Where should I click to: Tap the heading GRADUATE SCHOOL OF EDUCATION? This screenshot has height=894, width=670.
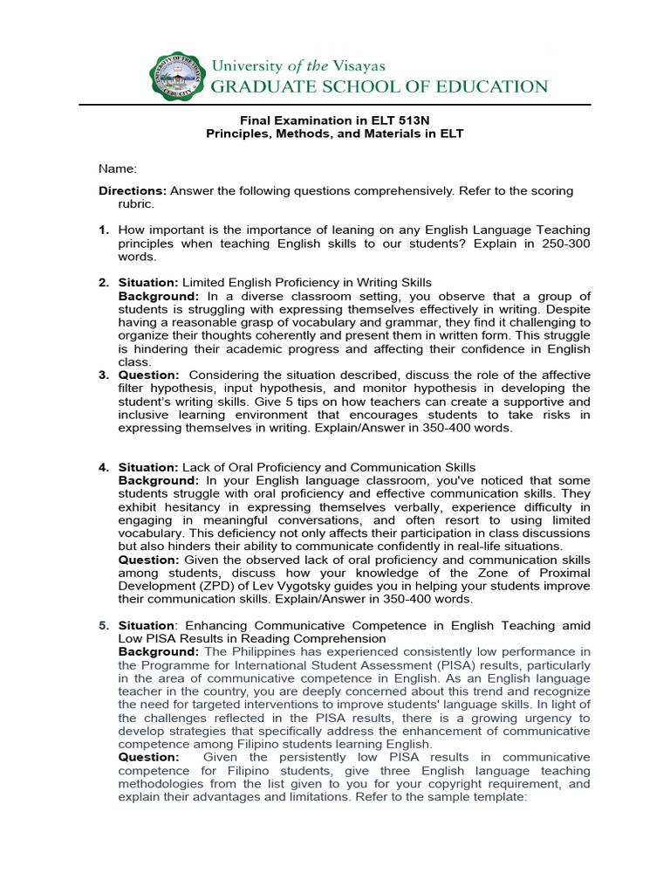tap(379, 86)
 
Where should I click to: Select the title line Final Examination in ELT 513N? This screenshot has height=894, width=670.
tap(335, 121)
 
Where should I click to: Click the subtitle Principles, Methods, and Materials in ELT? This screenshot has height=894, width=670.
tap(335, 134)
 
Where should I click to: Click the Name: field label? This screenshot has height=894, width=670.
tap(118, 168)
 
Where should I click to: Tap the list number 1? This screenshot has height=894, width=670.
tap(103, 230)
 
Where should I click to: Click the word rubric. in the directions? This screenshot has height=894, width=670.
tap(136, 203)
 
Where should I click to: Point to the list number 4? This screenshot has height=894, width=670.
tap(103, 467)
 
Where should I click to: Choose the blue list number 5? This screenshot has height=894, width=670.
tap(103, 625)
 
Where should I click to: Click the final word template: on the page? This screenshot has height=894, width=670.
tap(499, 797)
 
